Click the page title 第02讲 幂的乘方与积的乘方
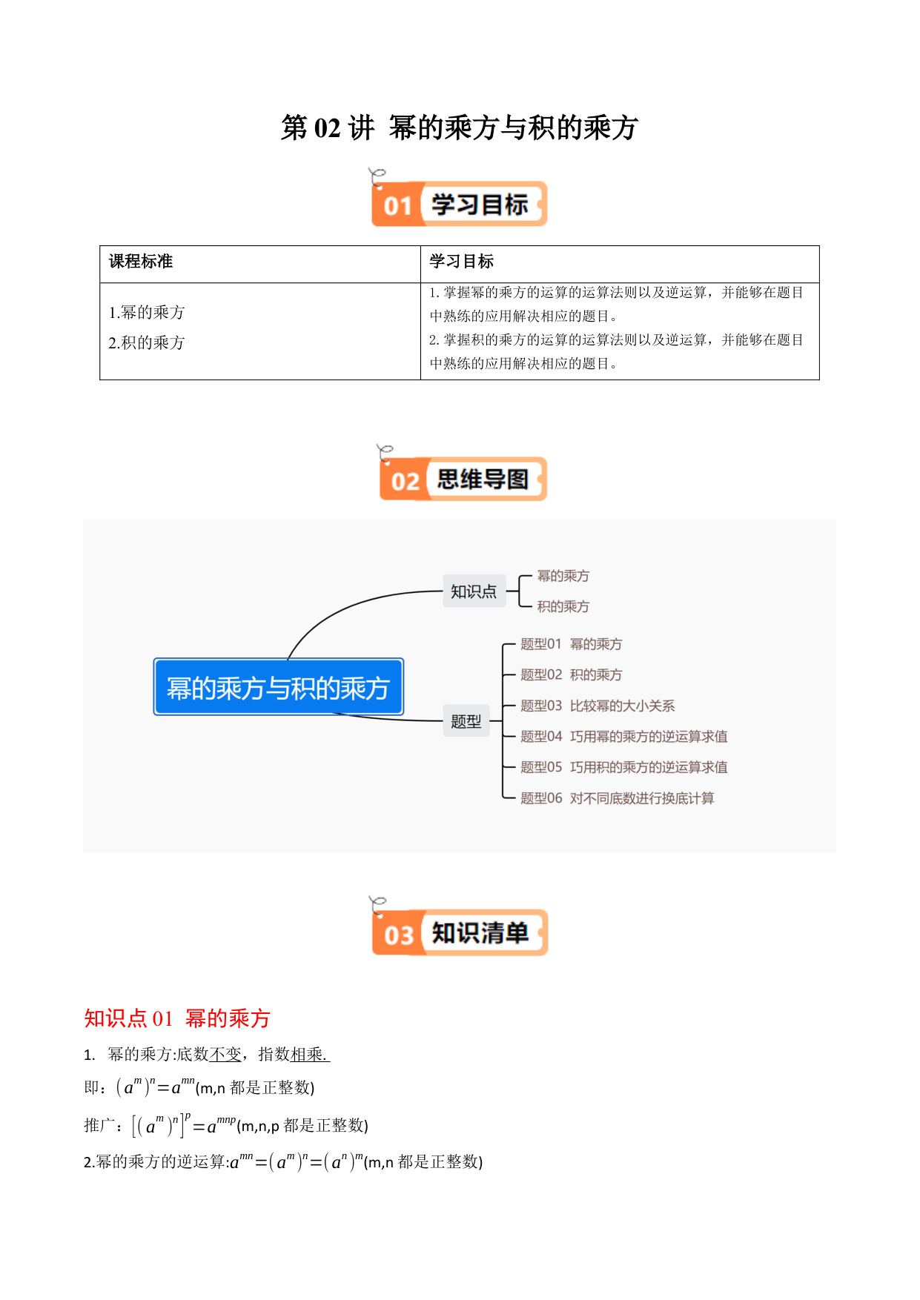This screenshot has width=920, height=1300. [x=459, y=127]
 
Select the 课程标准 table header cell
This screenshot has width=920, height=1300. [x=260, y=264]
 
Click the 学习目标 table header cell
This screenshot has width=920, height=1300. [x=620, y=264]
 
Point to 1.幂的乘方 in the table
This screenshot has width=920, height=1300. [x=147, y=312]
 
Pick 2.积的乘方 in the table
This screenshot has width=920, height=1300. [x=147, y=342]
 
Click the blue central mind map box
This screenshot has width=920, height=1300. [x=278, y=687]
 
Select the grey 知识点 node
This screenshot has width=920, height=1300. [x=474, y=591]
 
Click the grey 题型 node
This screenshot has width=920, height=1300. [x=466, y=720]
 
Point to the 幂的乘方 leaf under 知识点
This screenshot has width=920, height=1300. [x=563, y=576]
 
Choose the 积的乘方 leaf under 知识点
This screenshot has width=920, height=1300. [x=563, y=606]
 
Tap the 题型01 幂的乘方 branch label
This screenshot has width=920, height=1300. [x=571, y=644]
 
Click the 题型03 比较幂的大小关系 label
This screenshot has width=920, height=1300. [x=598, y=706]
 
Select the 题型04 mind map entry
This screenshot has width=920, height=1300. [x=623, y=736]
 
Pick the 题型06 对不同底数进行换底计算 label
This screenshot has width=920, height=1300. [x=617, y=798]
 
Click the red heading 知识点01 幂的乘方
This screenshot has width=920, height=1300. [x=177, y=1018]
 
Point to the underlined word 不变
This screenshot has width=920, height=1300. [x=225, y=1054]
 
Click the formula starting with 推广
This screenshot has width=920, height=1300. [x=226, y=1125]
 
